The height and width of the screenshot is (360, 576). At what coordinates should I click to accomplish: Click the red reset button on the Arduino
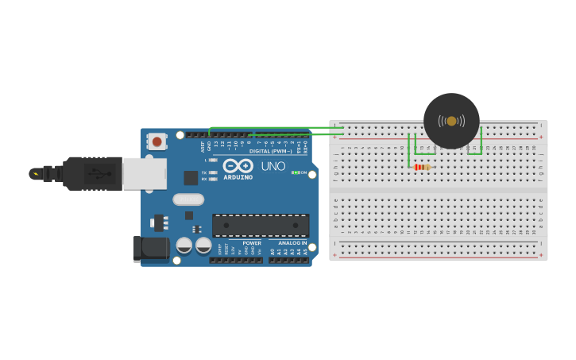coord(157,141)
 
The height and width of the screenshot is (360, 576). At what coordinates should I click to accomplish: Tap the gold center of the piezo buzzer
coord(451,121)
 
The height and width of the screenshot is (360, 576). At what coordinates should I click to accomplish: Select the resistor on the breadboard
coord(422,167)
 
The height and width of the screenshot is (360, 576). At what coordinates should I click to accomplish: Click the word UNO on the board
coord(273,167)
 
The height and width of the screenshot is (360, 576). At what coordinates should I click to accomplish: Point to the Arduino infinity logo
coord(238,165)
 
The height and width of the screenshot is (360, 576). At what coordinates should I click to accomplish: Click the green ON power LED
coord(295,172)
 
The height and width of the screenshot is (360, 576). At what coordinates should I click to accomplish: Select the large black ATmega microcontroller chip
coord(260,225)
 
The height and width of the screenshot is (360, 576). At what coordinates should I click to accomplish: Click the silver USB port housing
coord(144,173)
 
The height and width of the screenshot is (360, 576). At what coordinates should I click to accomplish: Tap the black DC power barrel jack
coord(151,248)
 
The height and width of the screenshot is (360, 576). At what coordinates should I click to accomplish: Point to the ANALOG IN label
coord(293,243)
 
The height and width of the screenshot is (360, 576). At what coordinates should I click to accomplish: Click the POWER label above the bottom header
coord(252,243)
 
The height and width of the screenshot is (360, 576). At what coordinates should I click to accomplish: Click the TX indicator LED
coord(213,172)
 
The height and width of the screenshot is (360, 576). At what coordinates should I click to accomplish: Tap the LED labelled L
coord(213,160)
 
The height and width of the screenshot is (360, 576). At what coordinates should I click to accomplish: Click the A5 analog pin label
coord(305,252)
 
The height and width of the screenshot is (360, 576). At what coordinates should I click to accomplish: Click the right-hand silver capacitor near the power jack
coord(203,246)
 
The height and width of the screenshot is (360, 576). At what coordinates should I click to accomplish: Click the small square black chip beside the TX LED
coord(191,178)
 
